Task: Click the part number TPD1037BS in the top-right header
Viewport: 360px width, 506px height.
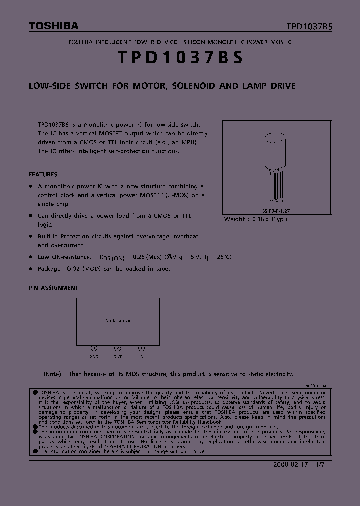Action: click(x=309, y=27)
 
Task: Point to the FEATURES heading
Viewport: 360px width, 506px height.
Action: click(x=43, y=175)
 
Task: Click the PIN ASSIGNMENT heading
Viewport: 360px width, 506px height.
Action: click(x=53, y=288)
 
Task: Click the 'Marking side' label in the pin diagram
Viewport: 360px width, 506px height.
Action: click(x=117, y=320)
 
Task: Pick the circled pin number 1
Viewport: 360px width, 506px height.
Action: click(x=142, y=348)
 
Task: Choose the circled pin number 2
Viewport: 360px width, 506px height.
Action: click(x=118, y=348)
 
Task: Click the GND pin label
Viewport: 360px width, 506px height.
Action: click(x=94, y=357)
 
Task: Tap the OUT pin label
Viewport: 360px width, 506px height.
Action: click(x=118, y=357)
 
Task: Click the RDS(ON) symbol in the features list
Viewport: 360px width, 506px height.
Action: click(x=112, y=257)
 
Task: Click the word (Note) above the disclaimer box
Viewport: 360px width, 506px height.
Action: click(x=52, y=374)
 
